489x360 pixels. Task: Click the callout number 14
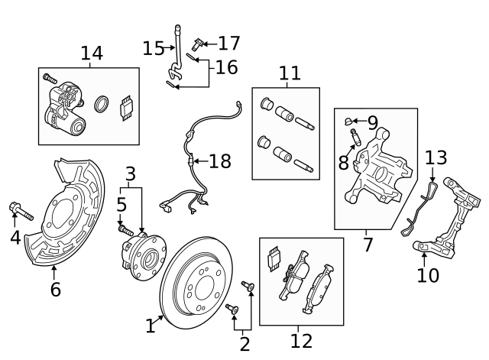[92, 53]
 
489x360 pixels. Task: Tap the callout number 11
[290, 73]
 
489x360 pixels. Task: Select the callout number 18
[219, 161]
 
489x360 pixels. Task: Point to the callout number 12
[301, 340]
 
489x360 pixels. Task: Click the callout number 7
[368, 245]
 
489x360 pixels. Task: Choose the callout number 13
[436, 158]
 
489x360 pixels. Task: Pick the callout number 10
[428, 274]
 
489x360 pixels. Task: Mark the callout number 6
[55, 290]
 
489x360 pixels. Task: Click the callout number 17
[228, 43]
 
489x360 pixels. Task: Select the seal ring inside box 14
[100, 105]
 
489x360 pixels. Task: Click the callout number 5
[121, 205]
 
